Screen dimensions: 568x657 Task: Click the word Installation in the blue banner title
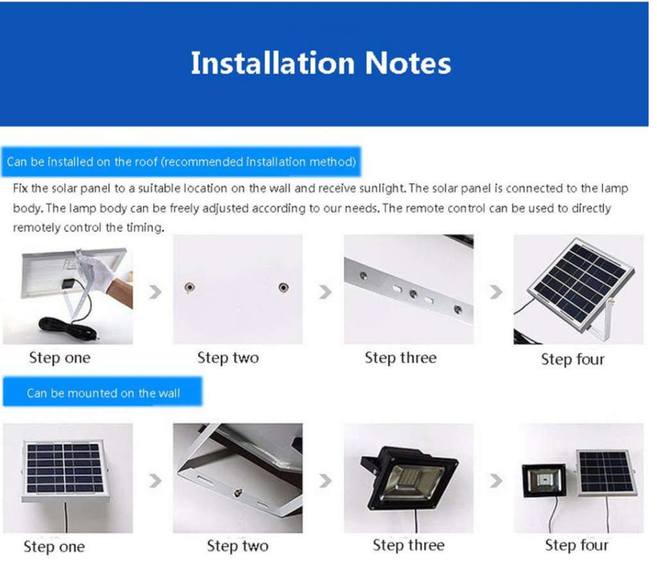point(272,63)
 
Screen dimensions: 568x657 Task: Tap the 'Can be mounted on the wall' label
point(103,393)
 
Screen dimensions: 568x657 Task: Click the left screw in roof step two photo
point(189,287)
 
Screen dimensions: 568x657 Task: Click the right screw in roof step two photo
point(283,287)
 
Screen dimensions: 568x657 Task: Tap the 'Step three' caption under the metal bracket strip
point(400,358)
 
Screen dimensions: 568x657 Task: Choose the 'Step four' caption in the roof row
point(572,359)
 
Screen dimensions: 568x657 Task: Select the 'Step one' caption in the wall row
point(54,547)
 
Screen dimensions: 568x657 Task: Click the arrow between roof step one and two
point(155,292)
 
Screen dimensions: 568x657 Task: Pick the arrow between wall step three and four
point(495,480)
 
